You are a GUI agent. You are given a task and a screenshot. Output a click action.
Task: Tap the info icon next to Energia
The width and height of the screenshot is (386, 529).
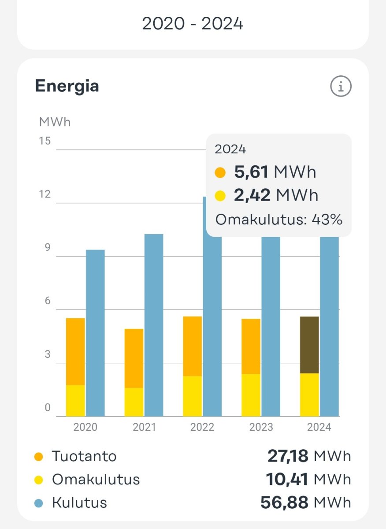tap(341, 86)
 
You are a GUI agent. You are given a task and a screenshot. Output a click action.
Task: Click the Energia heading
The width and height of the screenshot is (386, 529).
tap(67, 86)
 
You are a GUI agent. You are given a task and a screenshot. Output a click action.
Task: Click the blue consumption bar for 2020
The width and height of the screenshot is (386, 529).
tap(95, 333)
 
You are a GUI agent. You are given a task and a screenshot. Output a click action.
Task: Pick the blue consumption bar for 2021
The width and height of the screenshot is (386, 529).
tap(154, 325)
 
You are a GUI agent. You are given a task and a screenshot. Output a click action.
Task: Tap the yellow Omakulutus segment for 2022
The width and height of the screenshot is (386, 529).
tap(193, 396)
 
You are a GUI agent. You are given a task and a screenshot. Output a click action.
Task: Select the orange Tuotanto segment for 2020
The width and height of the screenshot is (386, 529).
tap(75, 351)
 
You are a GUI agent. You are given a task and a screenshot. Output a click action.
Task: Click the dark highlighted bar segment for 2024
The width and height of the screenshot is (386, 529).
tap(309, 345)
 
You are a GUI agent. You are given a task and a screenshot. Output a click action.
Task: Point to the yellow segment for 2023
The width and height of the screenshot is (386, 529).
tap(251, 395)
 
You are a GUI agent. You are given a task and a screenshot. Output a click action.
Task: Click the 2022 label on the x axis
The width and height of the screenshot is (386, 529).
tap(202, 427)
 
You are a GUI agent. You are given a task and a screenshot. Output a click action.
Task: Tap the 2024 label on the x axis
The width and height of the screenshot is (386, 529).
tap(319, 427)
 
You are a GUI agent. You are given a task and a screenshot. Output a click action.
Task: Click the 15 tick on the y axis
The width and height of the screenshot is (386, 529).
tap(45, 141)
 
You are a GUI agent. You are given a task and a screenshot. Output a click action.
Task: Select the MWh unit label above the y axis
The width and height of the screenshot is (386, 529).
tap(55, 122)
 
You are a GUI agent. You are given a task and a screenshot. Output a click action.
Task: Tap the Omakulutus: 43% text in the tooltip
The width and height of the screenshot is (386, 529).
tap(278, 220)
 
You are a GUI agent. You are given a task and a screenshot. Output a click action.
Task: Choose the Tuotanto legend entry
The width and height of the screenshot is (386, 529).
tap(84, 456)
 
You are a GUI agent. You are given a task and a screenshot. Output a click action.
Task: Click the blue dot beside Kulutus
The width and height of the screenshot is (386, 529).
tap(39, 503)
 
